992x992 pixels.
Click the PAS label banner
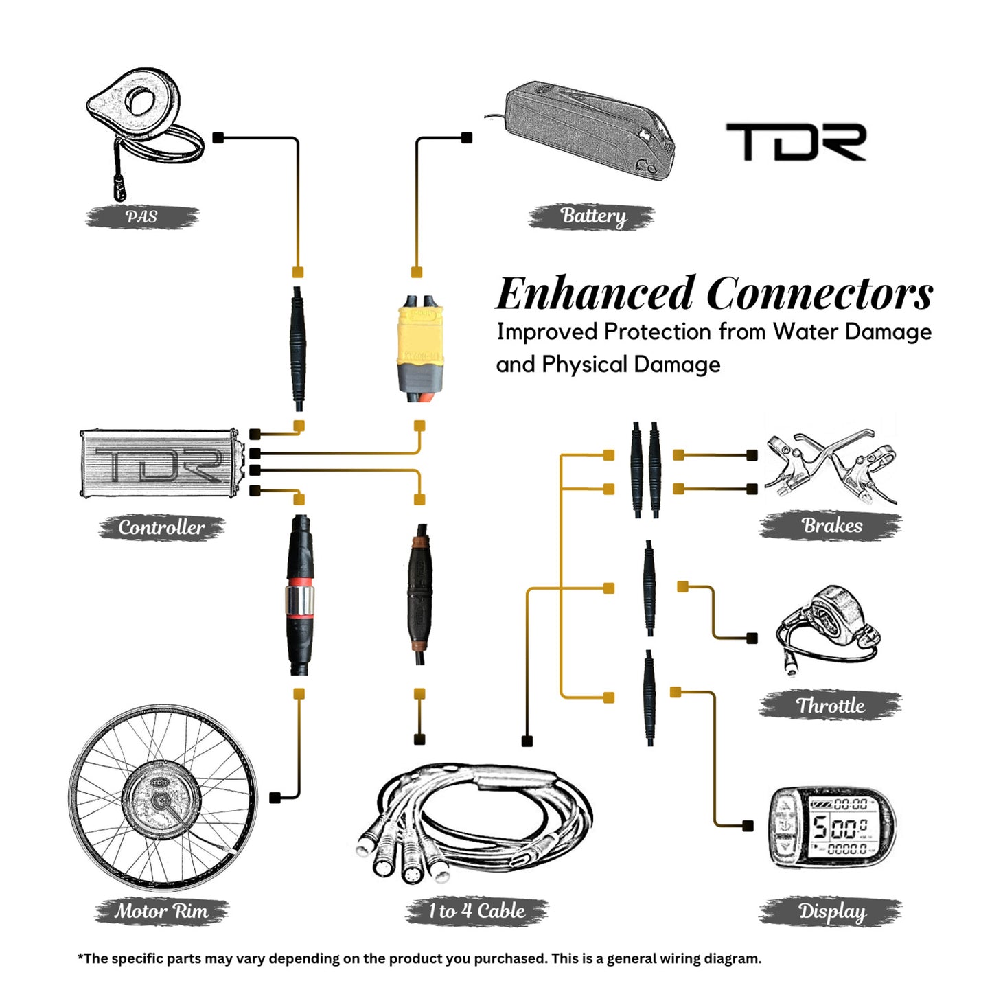142,217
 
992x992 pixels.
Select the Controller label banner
161,527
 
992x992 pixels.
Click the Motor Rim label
161,911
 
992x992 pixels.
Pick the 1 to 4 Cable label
477,911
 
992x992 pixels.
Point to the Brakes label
831,525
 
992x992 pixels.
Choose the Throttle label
831,705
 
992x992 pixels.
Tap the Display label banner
831,911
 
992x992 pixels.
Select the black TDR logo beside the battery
796,142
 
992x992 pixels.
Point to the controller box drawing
161,463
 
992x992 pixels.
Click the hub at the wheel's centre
161,800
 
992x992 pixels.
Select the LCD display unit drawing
831,827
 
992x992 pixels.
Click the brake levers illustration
831,463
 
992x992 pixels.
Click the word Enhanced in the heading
595,294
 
